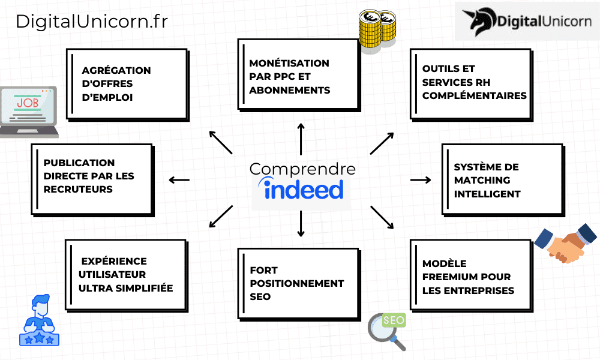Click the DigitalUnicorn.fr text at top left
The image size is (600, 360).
(91, 22)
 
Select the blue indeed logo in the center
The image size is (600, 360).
(303, 189)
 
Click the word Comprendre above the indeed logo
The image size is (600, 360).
(302, 169)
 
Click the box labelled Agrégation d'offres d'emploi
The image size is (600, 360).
(125, 83)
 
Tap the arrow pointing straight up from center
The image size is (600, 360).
(301, 138)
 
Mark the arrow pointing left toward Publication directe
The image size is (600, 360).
(179, 179)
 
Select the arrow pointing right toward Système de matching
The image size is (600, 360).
(421, 179)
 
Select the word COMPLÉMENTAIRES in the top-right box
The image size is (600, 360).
(474, 95)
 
